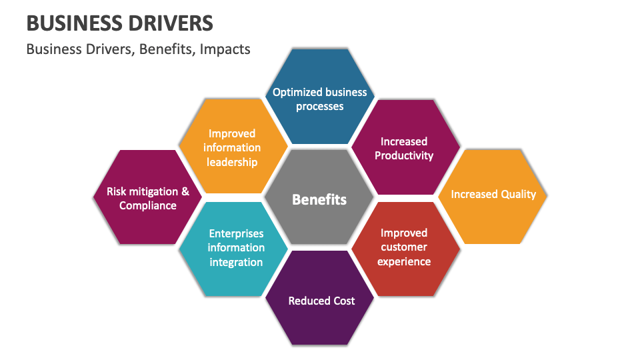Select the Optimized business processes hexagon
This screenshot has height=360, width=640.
tap(320, 99)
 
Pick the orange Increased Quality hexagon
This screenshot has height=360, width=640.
tap(493, 195)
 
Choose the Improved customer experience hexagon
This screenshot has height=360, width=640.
tap(404, 247)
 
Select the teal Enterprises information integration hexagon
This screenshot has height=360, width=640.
tap(235, 247)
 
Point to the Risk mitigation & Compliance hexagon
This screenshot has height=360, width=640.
tap(147, 198)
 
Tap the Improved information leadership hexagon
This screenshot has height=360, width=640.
tap(232, 148)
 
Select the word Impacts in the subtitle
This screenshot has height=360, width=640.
tap(228, 49)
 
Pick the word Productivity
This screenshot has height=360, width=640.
tap(404, 155)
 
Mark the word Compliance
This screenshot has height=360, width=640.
tap(148, 205)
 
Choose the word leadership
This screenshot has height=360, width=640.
tap(232, 162)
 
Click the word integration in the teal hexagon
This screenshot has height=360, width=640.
tap(236, 262)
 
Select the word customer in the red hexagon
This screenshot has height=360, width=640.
tap(404, 247)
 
